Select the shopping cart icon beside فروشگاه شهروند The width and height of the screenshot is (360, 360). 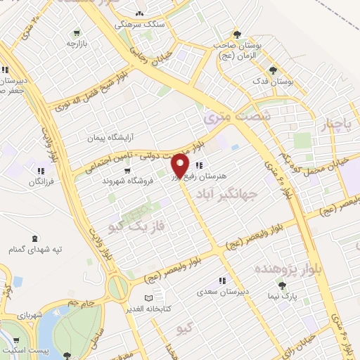[127, 169]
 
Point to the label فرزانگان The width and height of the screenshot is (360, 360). [41, 181]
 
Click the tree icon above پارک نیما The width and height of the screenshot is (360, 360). [282, 286]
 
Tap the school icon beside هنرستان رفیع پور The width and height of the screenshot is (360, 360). [200, 166]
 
